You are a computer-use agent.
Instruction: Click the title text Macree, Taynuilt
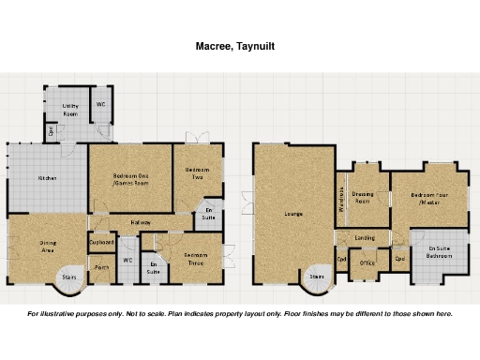click(x=234, y=45)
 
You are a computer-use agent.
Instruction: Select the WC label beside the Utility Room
click(x=100, y=105)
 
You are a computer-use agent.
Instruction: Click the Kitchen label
click(x=47, y=177)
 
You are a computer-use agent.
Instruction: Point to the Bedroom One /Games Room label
click(x=130, y=179)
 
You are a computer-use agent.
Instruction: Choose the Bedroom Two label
click(x=197, y=172)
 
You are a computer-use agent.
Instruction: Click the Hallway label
click(x=141, y=222)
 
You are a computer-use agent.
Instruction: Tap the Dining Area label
click(x=48, y=247)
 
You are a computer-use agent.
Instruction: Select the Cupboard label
click(x=101, y=242)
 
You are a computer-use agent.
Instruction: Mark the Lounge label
click(x=293, y=215)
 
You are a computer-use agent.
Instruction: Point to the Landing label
click(x=366, y=238)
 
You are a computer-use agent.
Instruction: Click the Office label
click(x=367, y=263)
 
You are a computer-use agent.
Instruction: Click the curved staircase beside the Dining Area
click(x=68, y=277)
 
